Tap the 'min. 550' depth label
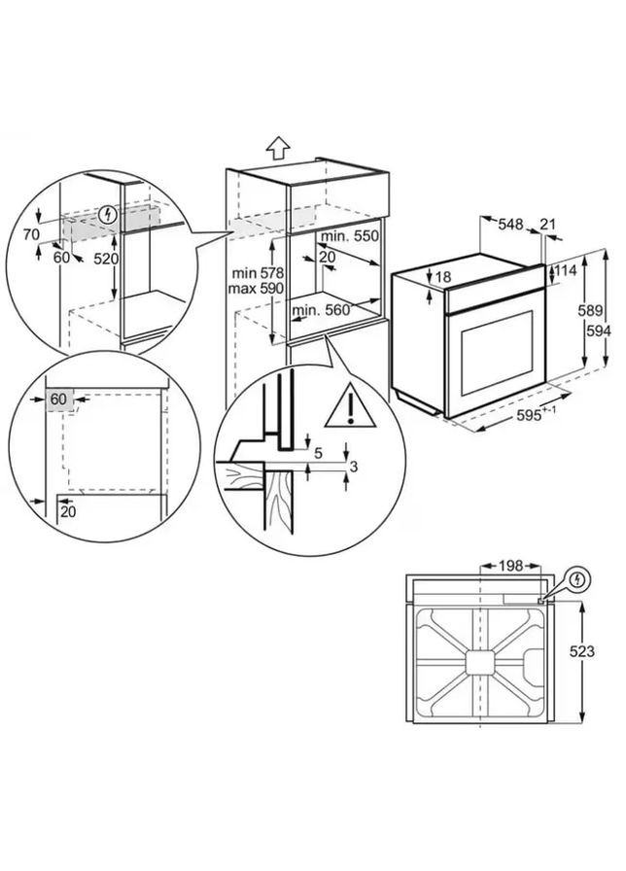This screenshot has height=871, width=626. (352, 236)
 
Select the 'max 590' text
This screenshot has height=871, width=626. (256, 290)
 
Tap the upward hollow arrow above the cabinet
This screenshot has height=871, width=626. (278, 148)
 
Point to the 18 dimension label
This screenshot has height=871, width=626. (443, 277)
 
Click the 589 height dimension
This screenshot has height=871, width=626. (598, 310)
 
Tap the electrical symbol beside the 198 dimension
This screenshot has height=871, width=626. (579, 580)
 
